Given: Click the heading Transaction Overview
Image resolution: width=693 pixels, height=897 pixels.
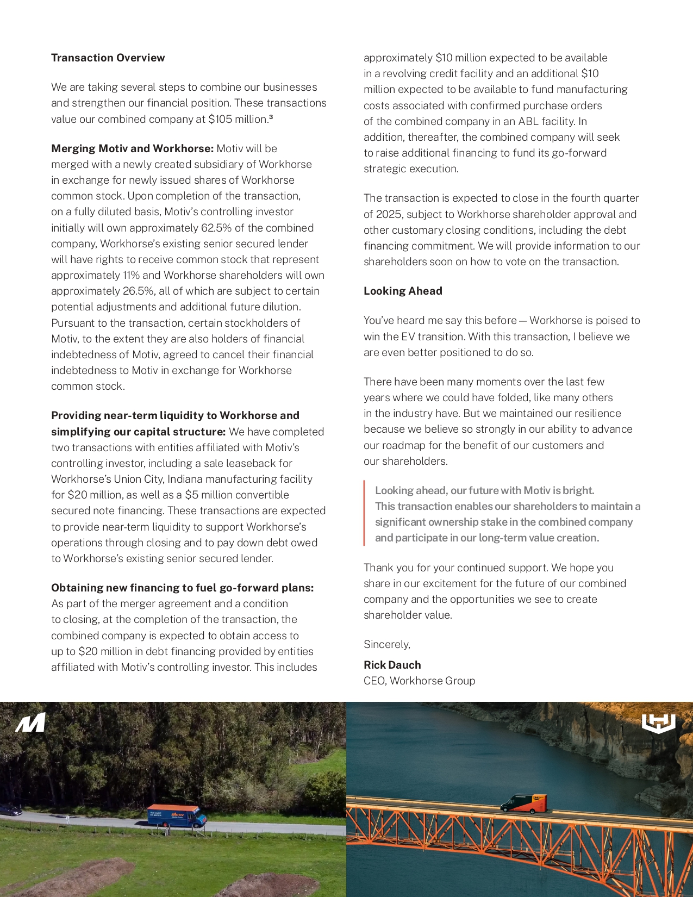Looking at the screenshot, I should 108,58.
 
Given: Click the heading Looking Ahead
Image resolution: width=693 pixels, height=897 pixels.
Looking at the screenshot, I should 403,291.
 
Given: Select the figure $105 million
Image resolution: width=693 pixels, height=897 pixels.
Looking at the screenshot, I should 238,119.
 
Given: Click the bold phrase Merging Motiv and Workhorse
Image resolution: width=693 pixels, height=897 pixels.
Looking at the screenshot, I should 132,148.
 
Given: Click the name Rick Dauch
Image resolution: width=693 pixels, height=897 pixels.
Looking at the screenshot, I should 392,665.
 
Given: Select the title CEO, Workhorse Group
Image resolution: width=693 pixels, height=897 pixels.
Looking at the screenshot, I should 419,681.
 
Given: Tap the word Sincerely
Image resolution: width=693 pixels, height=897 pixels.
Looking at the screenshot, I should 386,644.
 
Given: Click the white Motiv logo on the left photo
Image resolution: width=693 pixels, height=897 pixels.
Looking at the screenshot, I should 30,722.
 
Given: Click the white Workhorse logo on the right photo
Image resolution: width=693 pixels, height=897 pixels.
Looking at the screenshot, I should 658,724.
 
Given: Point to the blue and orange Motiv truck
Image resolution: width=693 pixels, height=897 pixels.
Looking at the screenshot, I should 177,815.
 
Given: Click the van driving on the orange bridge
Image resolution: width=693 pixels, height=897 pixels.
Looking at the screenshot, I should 523,803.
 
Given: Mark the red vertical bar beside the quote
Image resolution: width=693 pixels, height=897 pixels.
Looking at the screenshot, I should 364,513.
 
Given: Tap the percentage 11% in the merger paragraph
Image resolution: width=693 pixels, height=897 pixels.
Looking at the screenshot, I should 131,275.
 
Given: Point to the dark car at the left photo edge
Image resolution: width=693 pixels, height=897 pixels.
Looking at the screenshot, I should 10,811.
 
